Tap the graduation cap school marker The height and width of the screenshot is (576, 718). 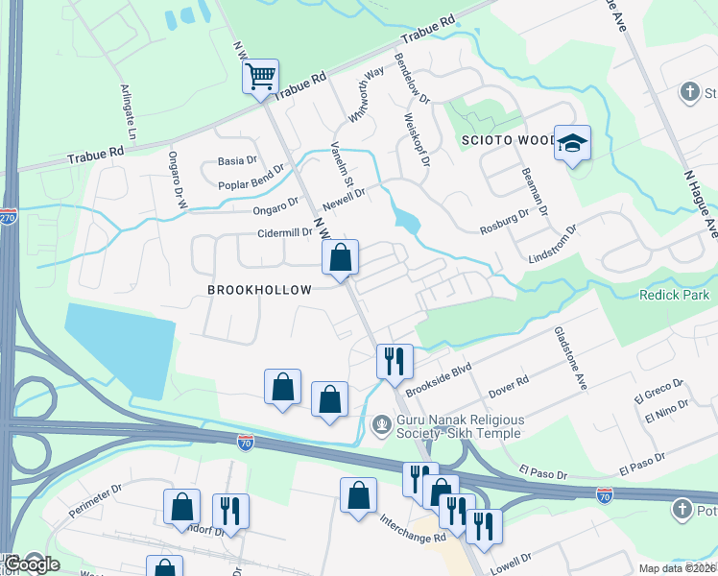point(572,145)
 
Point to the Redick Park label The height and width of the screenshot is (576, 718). point(674,295)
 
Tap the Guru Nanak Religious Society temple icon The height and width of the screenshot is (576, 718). point(382,423)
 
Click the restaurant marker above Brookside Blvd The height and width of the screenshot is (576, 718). point(395,361)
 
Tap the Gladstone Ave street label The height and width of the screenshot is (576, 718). point(569,356)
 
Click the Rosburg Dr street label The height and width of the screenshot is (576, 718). point(504,222)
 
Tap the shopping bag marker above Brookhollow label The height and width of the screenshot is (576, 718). point(340,256)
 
